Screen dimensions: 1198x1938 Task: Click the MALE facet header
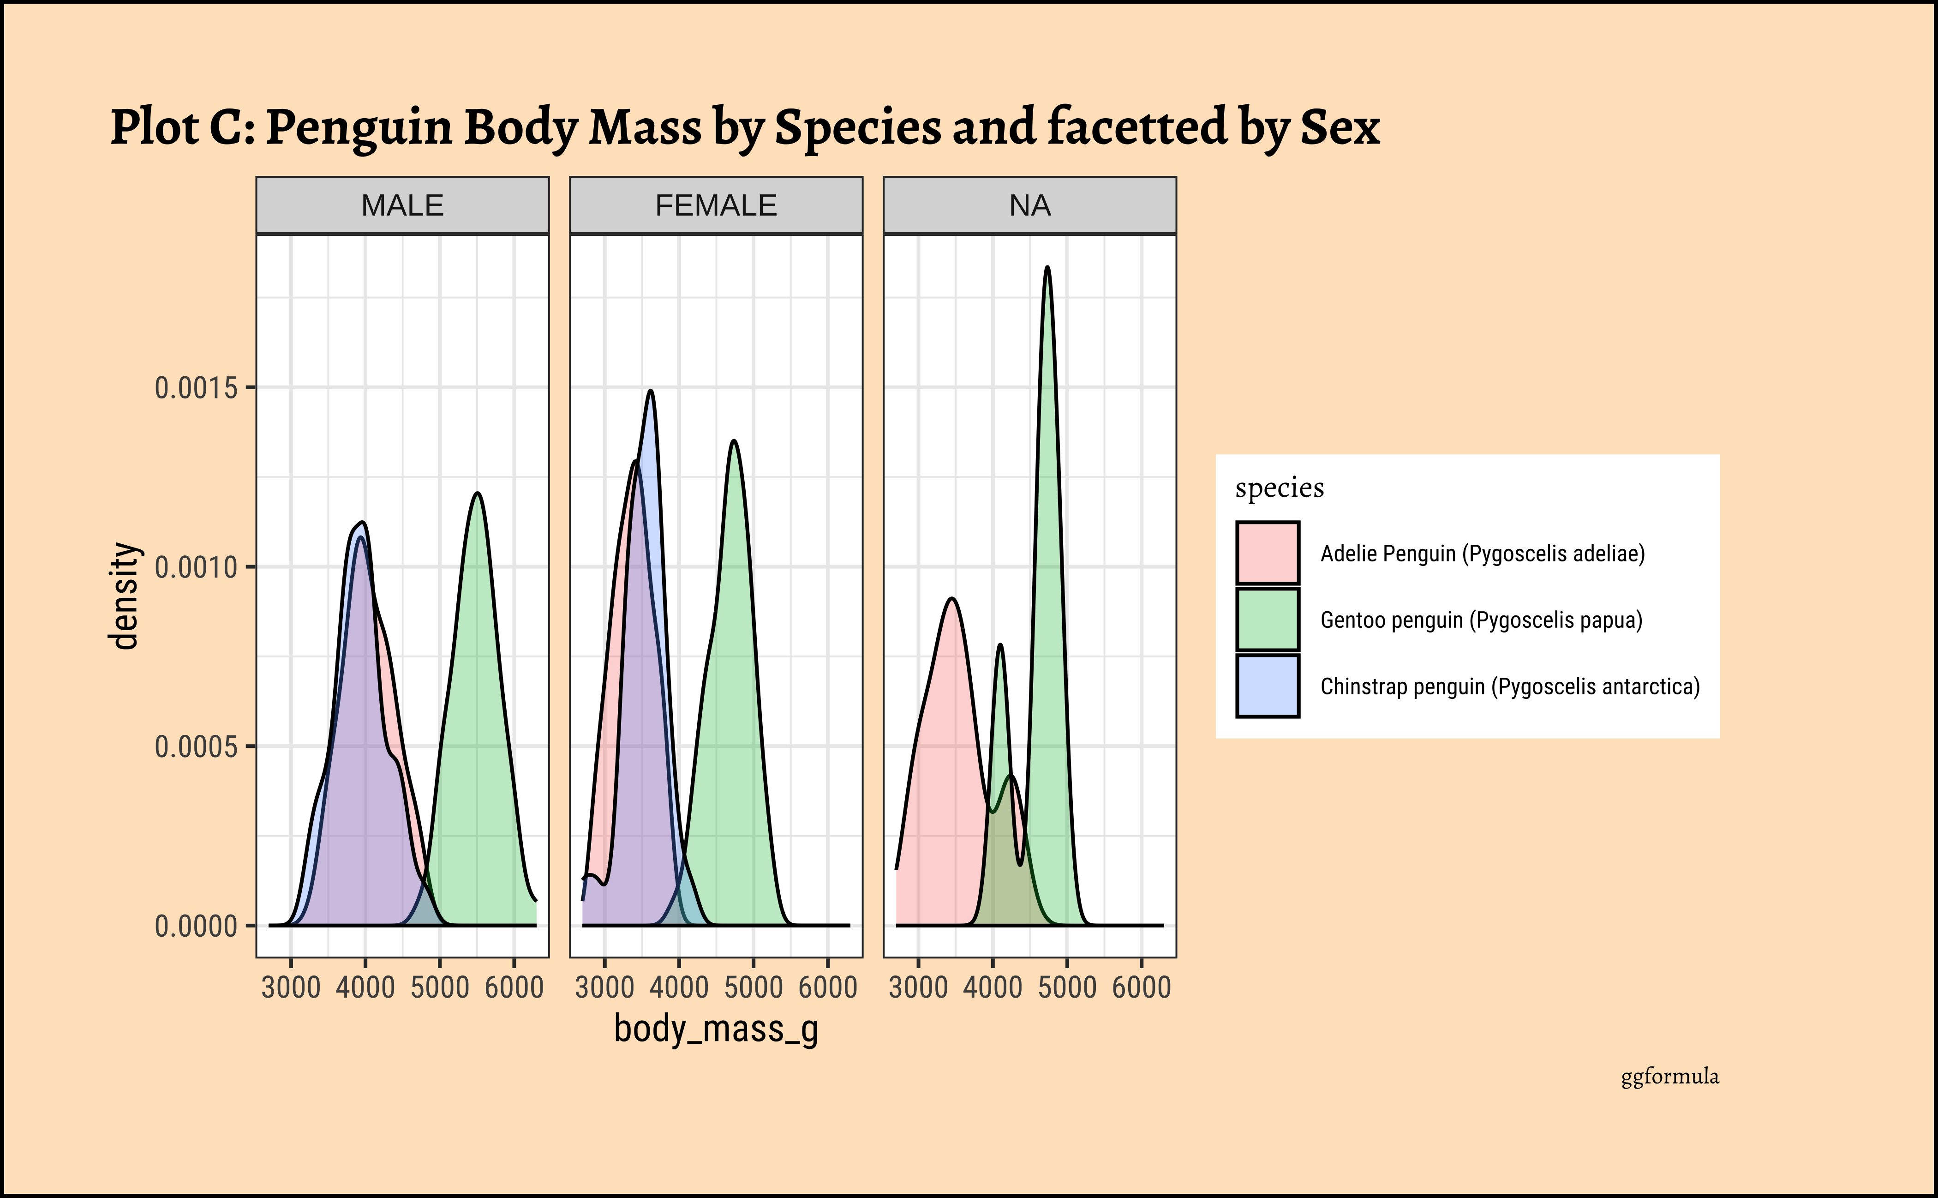click(x=402, y=206)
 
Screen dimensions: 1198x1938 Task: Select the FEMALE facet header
click(x=716, y=206)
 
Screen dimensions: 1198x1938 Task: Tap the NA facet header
click(x=1029, y=206)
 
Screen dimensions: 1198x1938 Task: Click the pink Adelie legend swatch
click(x=1267, y=553)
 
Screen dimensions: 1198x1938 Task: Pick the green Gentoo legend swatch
click(x=1267, y=620)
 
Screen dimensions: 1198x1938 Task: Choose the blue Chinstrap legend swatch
click(x=1267, y=686)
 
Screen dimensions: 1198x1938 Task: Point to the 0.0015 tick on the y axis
click(x=197, y=388)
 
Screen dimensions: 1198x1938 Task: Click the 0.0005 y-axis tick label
click(x=197, y=746)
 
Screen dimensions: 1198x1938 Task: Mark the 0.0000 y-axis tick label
click(x=197, y=926)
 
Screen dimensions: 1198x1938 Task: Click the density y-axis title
click(x=124, y=596)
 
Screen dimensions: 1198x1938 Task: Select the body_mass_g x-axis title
click(x=716, y=1029)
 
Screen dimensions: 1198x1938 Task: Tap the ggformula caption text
click(x=1669, y=1077)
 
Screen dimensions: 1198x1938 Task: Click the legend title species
click(x=1279, y=488)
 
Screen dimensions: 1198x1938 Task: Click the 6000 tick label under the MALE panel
click(x=514, y=988)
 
